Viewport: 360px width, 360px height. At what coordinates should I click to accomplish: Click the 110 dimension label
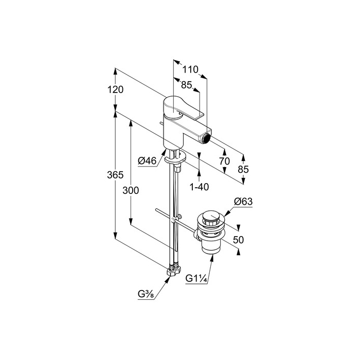click(190, 69)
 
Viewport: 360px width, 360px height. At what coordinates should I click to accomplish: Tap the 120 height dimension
click(115, 89)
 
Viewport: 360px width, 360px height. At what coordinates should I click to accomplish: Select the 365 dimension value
click(115, 175)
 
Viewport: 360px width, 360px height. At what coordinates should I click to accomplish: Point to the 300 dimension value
click(131, 190)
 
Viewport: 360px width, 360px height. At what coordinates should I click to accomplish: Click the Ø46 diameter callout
click(147, 161)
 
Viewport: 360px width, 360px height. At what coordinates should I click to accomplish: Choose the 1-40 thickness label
click(200, 187)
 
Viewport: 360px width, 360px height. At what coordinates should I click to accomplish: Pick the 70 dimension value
click(224, 161)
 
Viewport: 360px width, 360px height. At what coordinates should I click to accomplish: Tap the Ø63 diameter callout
click(243, 202)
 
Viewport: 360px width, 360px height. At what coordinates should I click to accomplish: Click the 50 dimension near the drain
click(238, 240)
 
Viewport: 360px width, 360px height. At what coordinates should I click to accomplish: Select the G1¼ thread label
click(196, 279)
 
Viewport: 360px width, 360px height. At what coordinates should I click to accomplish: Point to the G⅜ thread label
click(146, 294)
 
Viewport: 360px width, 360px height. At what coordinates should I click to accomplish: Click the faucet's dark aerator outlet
click(207, 138)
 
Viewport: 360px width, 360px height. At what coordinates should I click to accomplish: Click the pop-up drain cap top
click(211, 217)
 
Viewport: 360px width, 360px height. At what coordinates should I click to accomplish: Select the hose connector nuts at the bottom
click(173, 271)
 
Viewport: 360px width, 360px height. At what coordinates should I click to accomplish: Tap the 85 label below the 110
click(186, 85)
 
